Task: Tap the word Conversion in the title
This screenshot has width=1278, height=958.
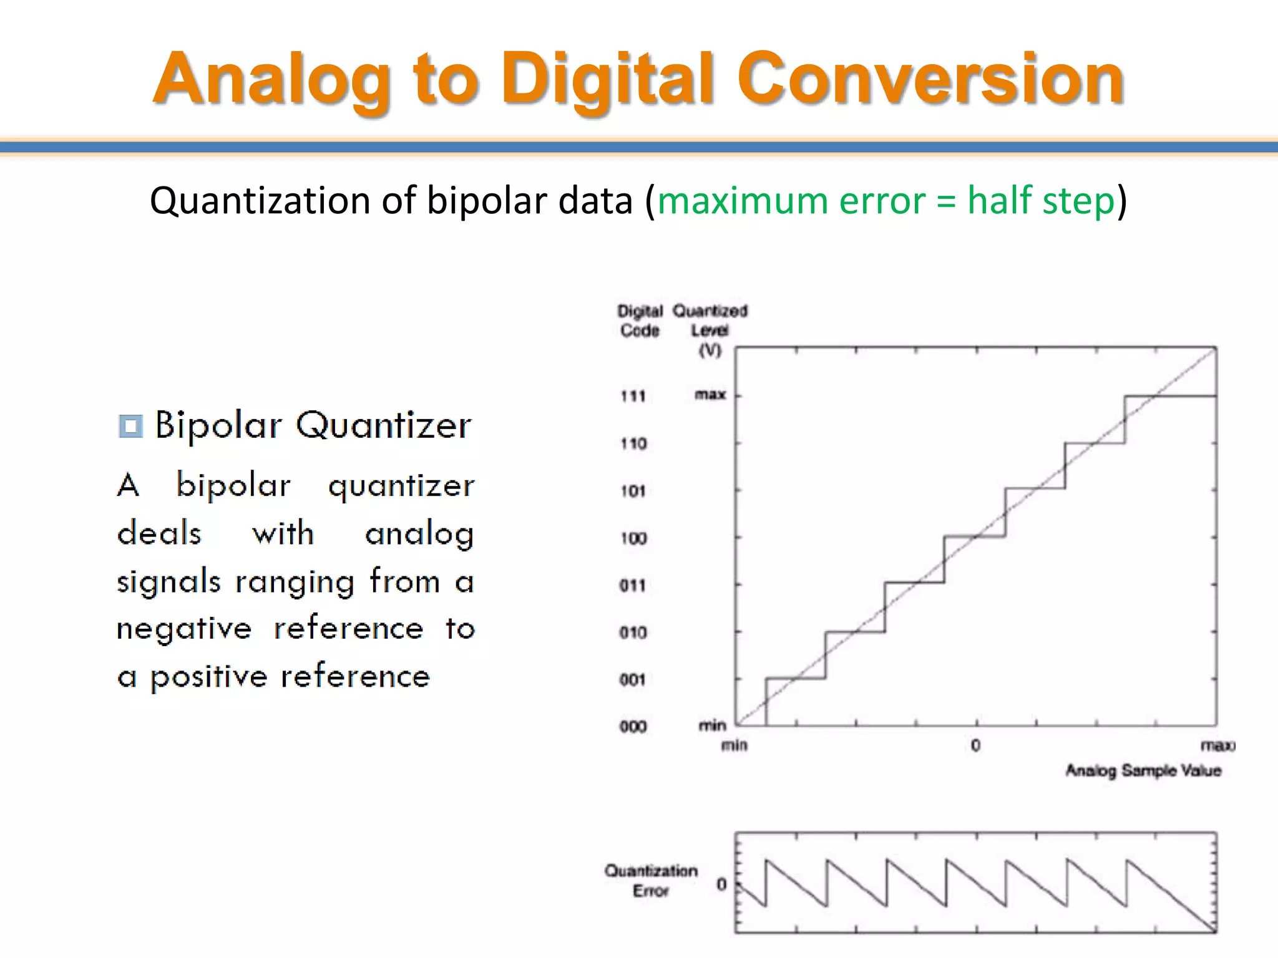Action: [x=930, y=79]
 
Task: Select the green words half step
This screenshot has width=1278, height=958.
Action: [x=1040, y=201]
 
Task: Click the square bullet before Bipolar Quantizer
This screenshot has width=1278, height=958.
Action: [x=130, y=426]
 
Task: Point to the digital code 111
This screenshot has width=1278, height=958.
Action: [x=633, y=396]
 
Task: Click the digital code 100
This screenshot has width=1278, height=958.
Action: [x=633, y=538]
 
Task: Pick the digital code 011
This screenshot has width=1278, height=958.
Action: [x=633, y=585]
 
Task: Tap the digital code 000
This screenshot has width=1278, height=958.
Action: [x=633, y=727]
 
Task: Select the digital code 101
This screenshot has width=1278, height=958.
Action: [x=633, y=491]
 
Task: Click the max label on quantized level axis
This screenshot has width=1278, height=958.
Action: [x=710, y=395]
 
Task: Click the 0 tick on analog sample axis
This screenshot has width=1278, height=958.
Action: [x=975, y=745]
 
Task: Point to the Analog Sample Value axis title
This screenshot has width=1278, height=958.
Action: [x=1143, y=771]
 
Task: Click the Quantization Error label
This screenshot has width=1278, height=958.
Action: [x=651, y=880]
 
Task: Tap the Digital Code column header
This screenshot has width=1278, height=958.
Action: [x=640, y=321]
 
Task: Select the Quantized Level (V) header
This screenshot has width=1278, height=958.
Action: [x=710, y=329]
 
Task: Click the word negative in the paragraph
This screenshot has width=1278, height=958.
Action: [x=184, y=629]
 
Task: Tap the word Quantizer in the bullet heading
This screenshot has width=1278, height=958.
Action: [x=383, y=426]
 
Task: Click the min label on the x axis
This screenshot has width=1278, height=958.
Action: [x=734, y=745]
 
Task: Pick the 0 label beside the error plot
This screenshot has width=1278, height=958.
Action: [x=721, y=884]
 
